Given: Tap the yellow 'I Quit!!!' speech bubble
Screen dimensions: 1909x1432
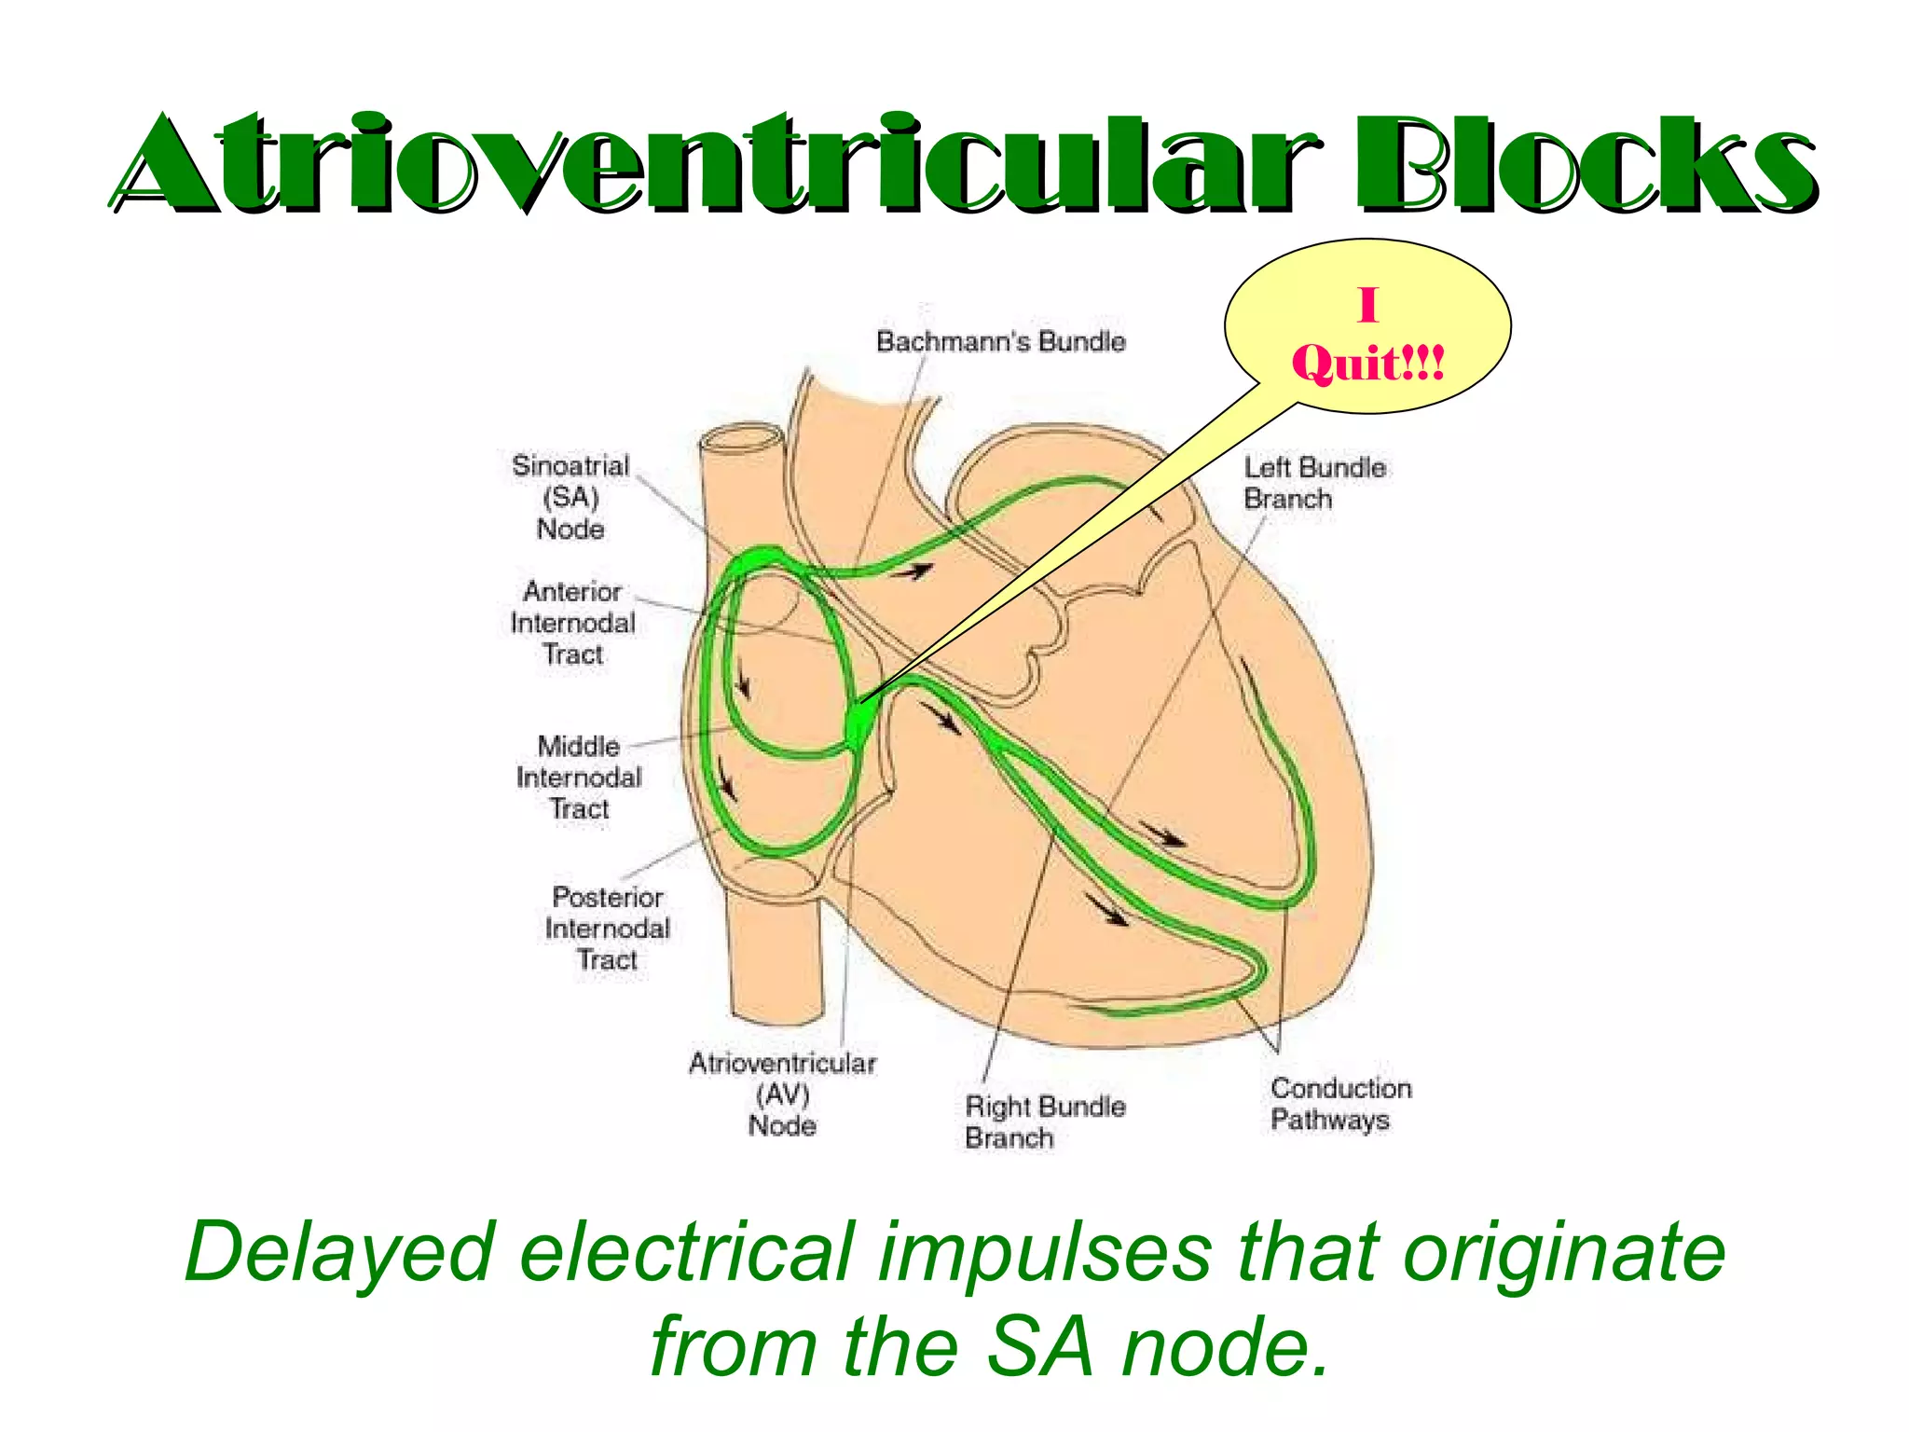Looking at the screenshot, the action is point(1367,326).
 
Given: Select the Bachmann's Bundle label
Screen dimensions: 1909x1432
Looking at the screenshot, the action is point(1000,341).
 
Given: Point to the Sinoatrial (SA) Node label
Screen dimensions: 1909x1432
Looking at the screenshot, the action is point(570,497).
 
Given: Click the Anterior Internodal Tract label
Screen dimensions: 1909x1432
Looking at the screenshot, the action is point(573,623).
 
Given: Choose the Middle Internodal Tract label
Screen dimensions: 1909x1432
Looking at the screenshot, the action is point(579,778).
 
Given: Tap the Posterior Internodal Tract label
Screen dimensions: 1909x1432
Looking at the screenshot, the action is point(608,929).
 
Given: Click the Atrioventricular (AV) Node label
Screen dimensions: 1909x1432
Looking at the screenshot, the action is point(782,1095).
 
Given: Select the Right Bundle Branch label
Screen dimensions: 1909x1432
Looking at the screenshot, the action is point(1044,1122).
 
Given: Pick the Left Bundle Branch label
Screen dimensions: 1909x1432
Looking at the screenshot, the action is point(1314,483).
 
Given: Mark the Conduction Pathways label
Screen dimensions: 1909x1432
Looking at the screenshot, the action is point(1339,1104).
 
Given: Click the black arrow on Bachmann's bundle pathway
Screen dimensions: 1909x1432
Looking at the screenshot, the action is point(913,571).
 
